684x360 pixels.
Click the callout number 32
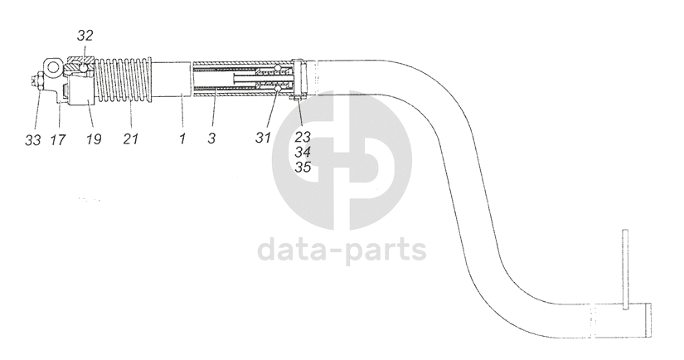click(x=85, y=36)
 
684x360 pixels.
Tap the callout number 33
click(x=32, y=140)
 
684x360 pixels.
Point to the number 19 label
click(x=93, y=140)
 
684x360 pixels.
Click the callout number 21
click(x=131, y=140)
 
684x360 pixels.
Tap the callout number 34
click(x=303, y=153)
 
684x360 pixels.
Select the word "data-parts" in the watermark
click(x=342, y=249)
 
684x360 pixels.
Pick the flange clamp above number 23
click(x=303, y=80)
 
